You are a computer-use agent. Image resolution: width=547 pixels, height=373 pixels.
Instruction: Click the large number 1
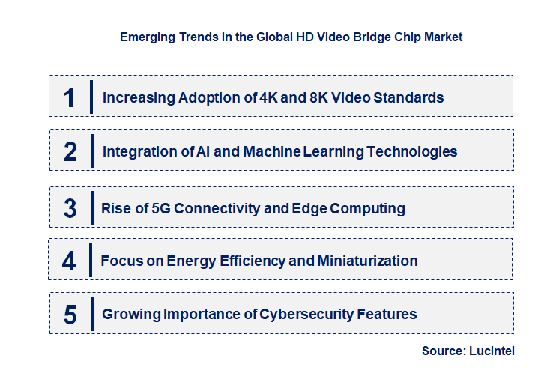tap(70, 97)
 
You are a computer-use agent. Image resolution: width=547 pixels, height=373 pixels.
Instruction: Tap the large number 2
tap(70, 152)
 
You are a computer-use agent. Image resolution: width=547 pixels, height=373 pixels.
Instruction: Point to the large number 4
tap(70, 261)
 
